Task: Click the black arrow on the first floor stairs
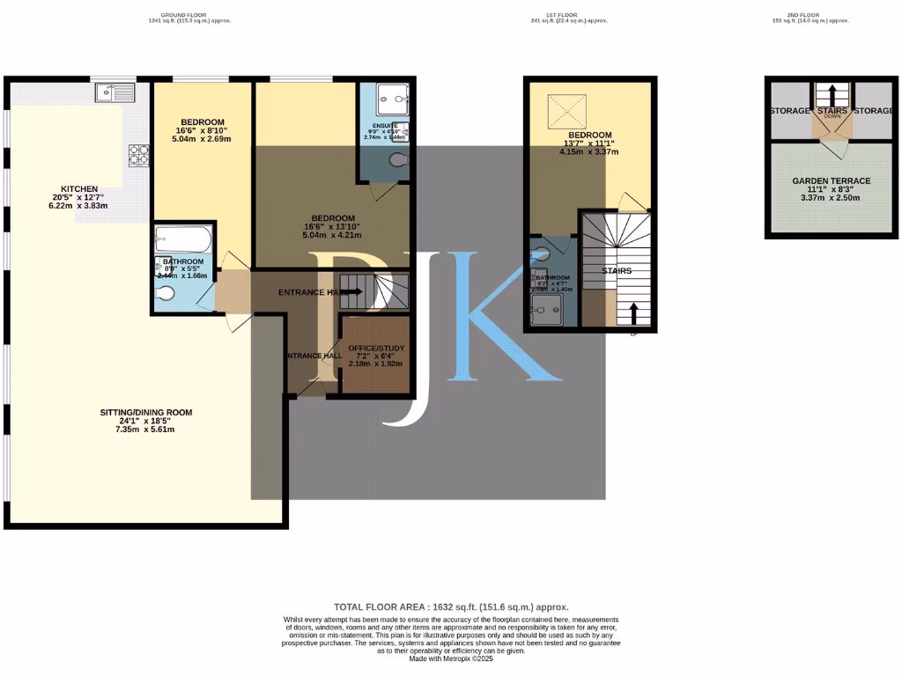point(632,313)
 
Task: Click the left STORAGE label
point(789,111)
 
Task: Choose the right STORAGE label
point(874,111)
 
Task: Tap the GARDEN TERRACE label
point(831,181)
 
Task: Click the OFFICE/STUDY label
point(375,347)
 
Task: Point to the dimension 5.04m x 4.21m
point(332,236)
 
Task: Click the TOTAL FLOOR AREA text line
point(451,607)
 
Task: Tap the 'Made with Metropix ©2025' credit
point(451,659)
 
